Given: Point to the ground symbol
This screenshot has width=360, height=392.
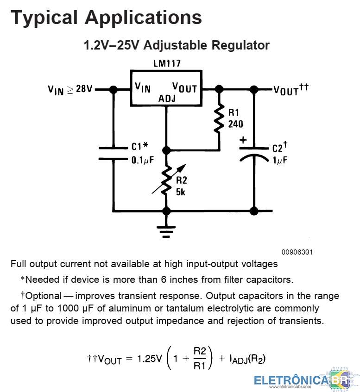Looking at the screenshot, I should click(166, 229).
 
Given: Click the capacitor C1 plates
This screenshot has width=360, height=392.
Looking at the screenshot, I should click(113, 154).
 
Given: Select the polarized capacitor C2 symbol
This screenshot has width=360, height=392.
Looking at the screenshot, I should click(254, 154).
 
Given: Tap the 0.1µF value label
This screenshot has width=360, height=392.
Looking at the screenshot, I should click(142, 160).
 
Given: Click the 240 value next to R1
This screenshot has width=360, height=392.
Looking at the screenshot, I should click(235, 124).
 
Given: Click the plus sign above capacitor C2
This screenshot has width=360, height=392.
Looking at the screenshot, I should click(243, 139).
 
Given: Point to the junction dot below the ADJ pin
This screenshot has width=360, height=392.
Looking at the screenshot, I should click(166, 150).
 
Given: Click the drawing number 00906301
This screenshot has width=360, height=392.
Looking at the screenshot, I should click(297, 252).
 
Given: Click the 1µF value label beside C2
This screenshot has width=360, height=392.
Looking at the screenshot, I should click(280, 160).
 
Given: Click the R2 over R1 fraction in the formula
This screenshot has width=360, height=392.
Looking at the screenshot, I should click(200, 358).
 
